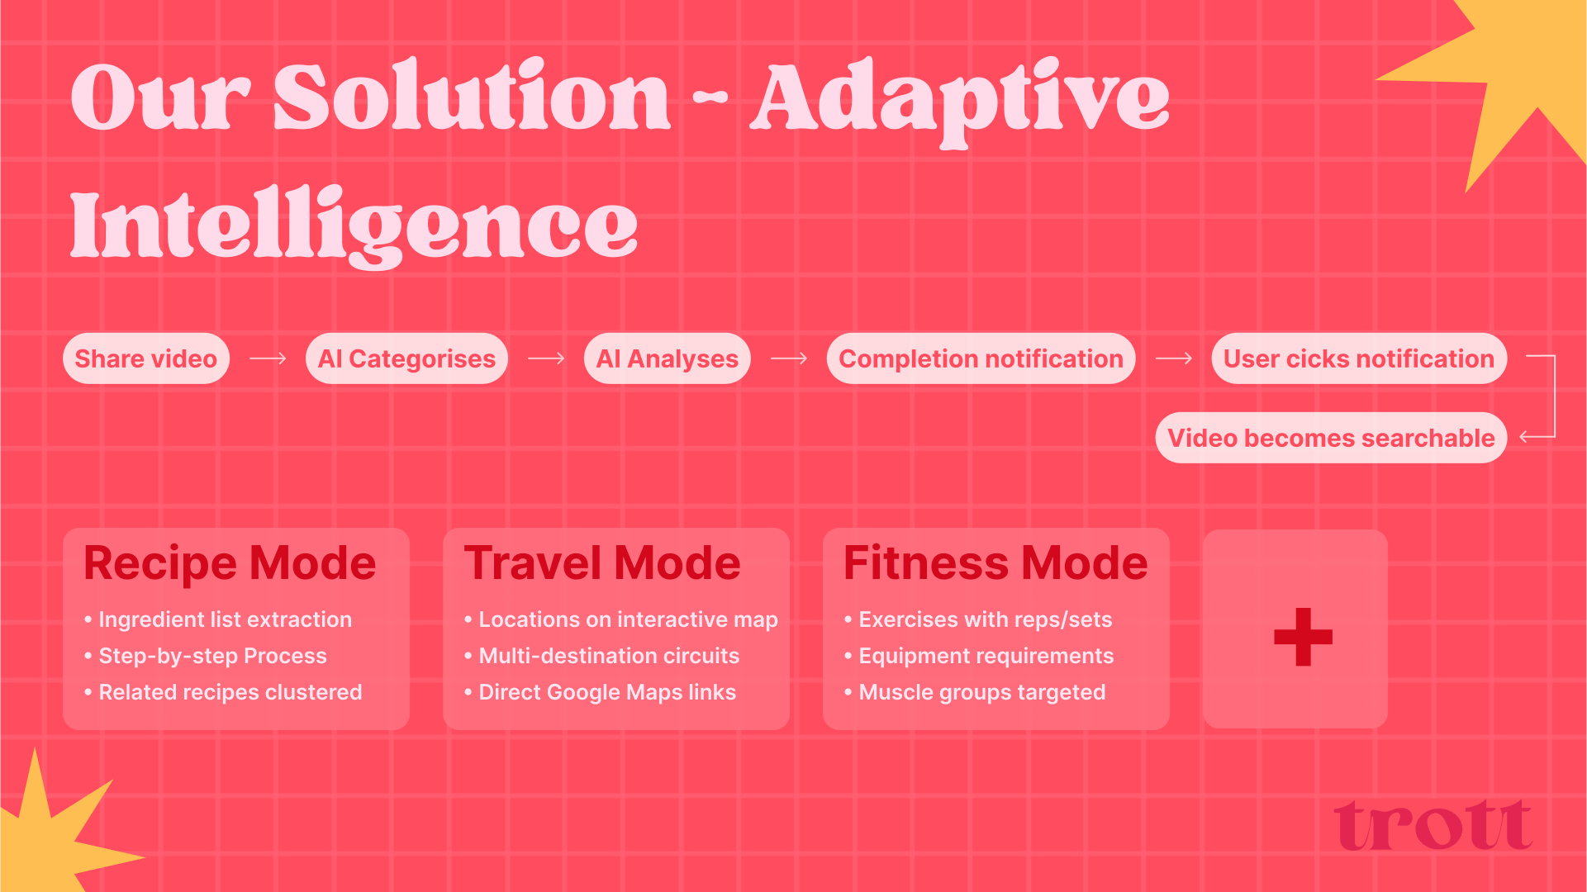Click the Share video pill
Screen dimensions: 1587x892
click(146, 358)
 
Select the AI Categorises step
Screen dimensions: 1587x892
click(406, 358)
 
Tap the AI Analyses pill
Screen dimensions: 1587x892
click(668, 358)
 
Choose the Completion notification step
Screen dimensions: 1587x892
click(981, 358)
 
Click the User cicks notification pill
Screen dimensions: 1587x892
click(1359, 358)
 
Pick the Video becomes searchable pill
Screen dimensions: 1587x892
click(1331, 438)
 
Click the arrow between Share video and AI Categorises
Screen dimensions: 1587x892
click(268, 358)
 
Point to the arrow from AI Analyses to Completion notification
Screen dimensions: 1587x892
click(789, 358)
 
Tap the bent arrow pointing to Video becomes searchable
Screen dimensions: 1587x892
click(1555, 396)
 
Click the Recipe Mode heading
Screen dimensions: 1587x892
click(230, 563)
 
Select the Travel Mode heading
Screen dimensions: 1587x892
click(602, 563)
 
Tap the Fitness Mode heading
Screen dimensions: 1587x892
click(995, 563)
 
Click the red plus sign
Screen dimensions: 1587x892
click(1303, 637)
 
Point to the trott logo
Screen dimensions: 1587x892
click(1433, 824)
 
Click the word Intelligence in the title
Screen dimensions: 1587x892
click(354, 225)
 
